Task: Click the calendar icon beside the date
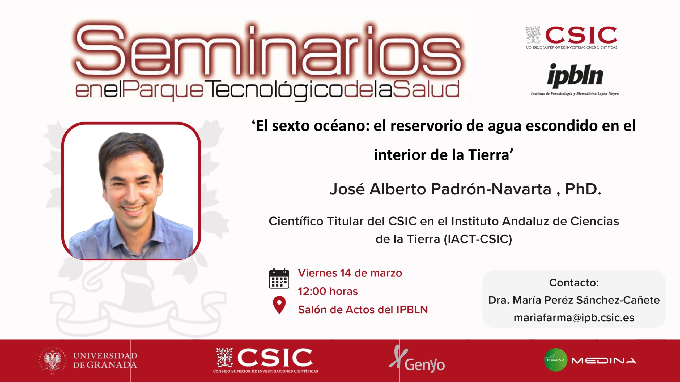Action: tap(279, 278)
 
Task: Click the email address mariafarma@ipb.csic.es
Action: tap(574, 318)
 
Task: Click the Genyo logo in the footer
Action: tap(417, 359)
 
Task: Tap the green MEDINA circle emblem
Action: tap(556, 360)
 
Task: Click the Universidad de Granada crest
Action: tap(52, 360)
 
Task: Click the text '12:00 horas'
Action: tap(328, 291)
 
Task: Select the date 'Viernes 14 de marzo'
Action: tap(350, 273)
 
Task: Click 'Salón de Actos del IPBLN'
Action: tap(363, 310)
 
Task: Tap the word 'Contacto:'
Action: tap(574, 283)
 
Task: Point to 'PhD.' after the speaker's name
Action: tap(583, 189)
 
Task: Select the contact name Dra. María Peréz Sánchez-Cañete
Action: tap(574, 300)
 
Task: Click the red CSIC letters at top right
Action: tap(581, 35)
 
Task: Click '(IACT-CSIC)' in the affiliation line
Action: tap(478, 239)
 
